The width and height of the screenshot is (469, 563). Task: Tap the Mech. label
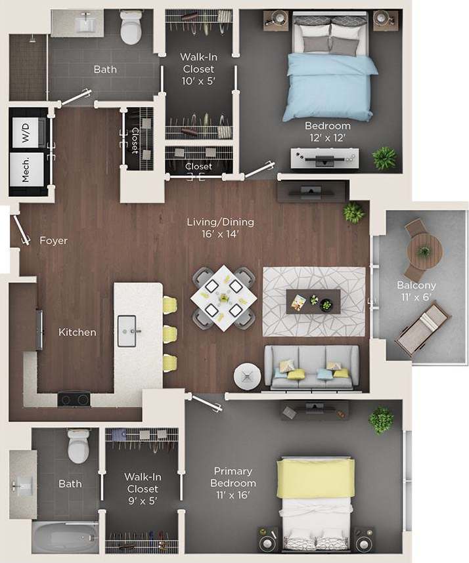pos(26,168)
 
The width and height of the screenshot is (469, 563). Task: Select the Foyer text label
pos(53,241)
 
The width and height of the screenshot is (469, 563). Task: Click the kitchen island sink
pos(126,331)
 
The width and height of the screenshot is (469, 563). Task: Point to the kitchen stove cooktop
pos(74,398)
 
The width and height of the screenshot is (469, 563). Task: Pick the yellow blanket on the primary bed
pos(315,478)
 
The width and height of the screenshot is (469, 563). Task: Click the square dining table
pos(223,297)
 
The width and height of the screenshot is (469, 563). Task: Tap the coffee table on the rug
pos(313,301)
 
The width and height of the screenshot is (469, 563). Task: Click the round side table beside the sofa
pos(248,376)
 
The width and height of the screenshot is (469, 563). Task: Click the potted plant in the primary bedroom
pos(381,420)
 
